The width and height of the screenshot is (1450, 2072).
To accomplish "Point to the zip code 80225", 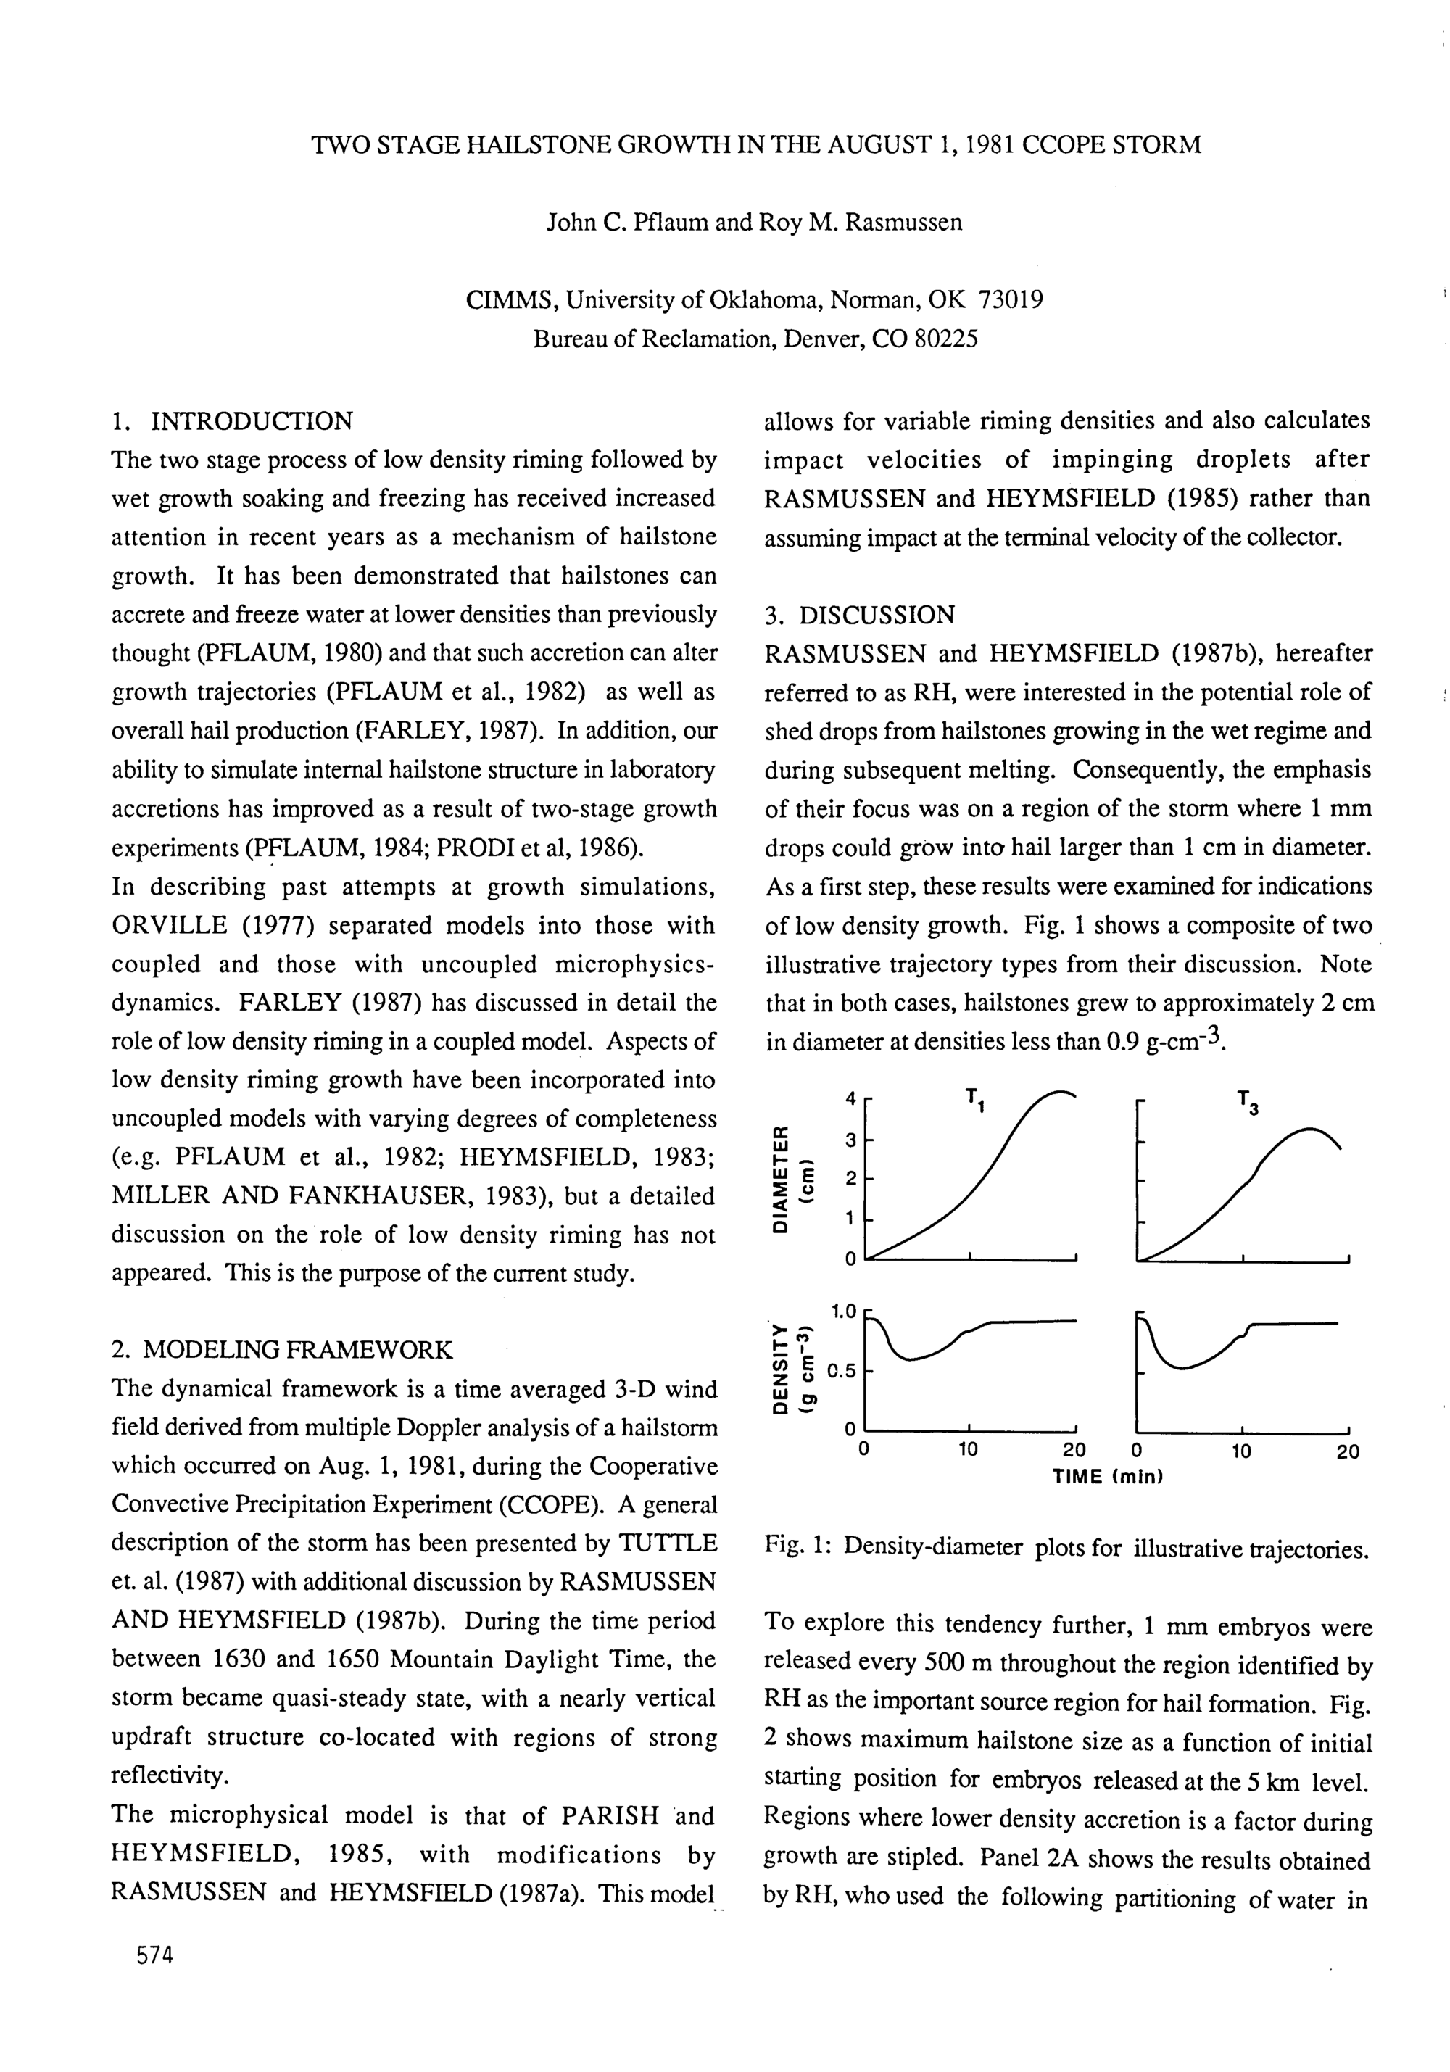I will coord(945,339).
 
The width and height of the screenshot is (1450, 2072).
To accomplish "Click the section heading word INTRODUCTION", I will coord(252,421).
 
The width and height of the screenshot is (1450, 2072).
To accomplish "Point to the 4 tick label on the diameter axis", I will coord(850,1098).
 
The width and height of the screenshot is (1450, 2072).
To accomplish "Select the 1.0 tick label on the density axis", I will coord(842,1310).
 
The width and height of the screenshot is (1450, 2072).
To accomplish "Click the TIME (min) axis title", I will coord(1107,1478).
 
